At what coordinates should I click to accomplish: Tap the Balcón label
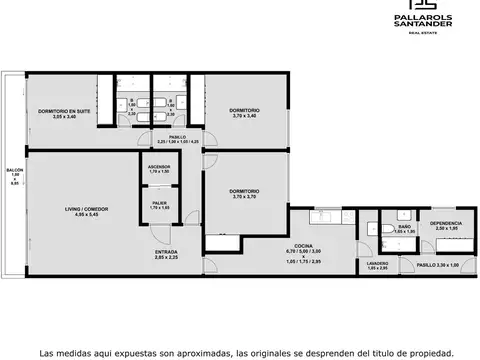tap(14, 171)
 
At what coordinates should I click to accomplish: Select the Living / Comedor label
tap(86, 208)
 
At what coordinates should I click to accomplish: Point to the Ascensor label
tap(159, 167)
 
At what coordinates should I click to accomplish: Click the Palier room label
tap(159, 202)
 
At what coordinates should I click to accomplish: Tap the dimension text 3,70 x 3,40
tap(244, 116)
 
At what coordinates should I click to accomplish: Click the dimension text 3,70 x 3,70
tap(244, 196)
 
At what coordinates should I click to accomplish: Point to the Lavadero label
tap(377, 263)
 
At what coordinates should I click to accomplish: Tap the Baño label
tap(404, 227)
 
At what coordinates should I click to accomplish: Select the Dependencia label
tap(445, 223)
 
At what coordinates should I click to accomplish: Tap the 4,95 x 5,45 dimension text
tap(86, 214)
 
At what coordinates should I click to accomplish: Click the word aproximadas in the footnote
tap(195, 352)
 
